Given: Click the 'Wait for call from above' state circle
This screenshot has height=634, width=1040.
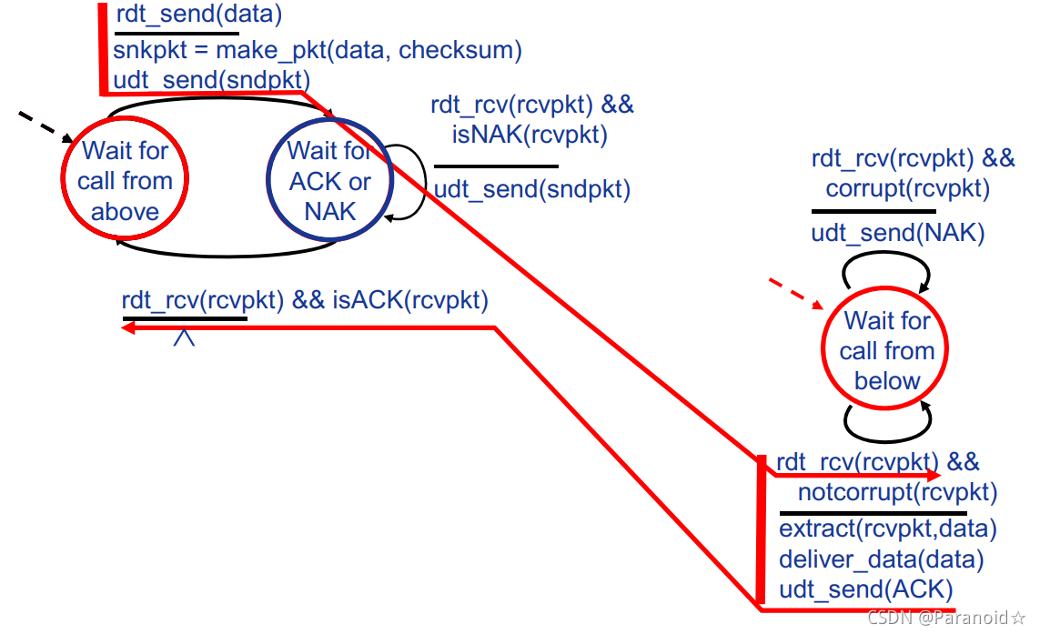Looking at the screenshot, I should [x=125, y=180].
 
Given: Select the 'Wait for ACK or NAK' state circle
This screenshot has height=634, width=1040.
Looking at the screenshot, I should [x=329, y=180].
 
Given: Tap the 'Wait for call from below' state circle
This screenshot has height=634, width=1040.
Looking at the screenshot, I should [x=886, y=350].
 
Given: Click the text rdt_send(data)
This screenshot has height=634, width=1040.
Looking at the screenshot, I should [x=199, y=15].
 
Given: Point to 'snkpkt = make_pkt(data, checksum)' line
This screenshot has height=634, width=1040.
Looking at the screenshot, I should [x=318, y=50].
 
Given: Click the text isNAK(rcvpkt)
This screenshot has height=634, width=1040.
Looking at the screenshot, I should [x=530, y=135].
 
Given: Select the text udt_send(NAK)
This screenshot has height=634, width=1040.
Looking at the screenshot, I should [x=898, y=234].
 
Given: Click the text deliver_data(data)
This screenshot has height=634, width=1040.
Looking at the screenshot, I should [x=881, y=559].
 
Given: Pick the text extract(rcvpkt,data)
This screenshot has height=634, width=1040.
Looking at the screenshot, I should [x=888, y=528].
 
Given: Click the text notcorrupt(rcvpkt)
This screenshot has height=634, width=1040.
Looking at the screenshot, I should [x=897, y=493].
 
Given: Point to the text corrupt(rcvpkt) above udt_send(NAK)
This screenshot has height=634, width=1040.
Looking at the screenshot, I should [x=907, y=189].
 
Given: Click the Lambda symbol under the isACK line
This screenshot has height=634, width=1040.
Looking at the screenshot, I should [x=184, y=337].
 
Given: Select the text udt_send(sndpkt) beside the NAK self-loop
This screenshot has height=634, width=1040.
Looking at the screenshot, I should [x=531, y=190].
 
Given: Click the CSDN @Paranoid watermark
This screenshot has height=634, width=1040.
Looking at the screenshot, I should [x=946, y=619].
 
